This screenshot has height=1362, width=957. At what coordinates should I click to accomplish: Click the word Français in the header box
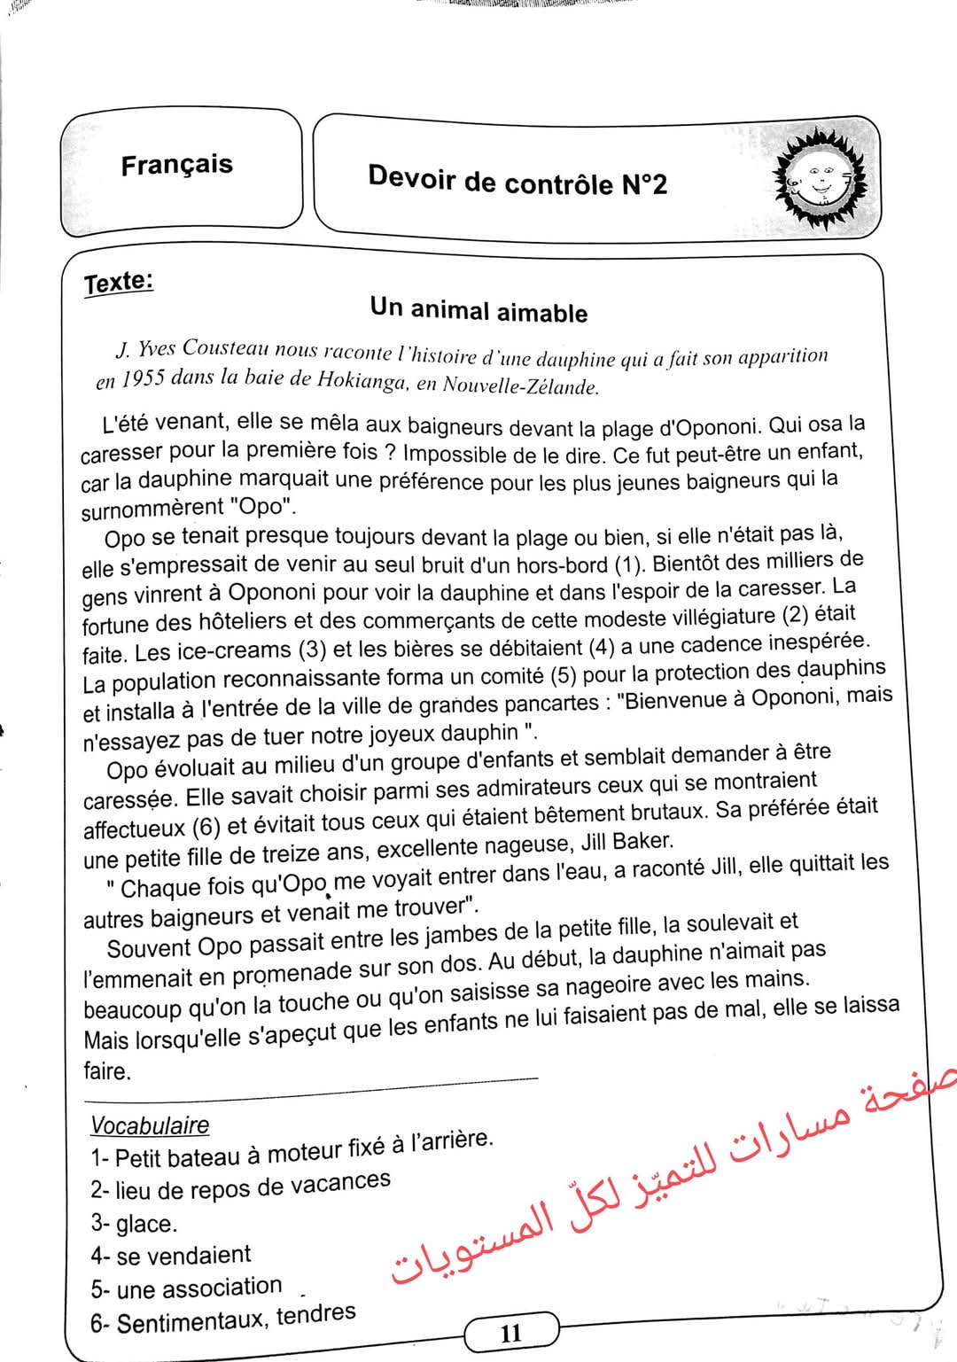[x=176, y=165]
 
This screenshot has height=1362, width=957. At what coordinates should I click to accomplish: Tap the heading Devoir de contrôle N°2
[x=517, y=181]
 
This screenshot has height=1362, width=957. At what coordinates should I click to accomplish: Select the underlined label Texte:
[x=119, y=283]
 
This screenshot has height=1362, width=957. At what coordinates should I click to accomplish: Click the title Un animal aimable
[x=478, y=310]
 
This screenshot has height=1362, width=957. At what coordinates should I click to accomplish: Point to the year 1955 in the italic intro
[x=143, y=378]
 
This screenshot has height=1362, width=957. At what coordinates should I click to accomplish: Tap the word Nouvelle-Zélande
[x=519, y=385]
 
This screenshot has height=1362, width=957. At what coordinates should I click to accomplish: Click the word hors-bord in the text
[x=562, y=564]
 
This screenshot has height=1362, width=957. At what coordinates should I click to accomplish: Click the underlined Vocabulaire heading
[x=150, y=1125]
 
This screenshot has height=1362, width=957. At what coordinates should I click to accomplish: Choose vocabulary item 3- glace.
[x=134, y=1224]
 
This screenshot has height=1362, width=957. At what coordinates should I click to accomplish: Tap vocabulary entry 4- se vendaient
[x=170, y=1256]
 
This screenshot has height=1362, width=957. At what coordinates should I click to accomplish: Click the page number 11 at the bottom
[x=511, y=1333]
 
